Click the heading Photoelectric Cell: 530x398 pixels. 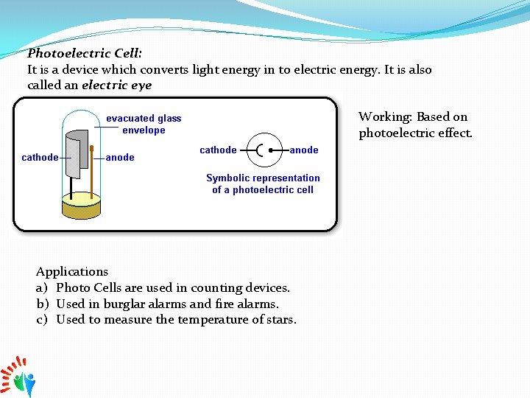coord(85,54)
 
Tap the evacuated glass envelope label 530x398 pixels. coord(144,124)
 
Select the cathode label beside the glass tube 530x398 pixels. coord(40,157)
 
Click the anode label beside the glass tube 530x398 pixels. coord(120,157)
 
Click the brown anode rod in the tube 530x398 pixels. coord(92,170)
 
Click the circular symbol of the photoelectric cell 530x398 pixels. coord(264,150)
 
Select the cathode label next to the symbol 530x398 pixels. coord(218,150)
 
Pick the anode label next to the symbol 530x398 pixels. coord(303,150)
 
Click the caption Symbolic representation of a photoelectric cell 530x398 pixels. coord(263,184)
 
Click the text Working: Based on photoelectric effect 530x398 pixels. coord(414,125)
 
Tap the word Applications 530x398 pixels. coord(72,271)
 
